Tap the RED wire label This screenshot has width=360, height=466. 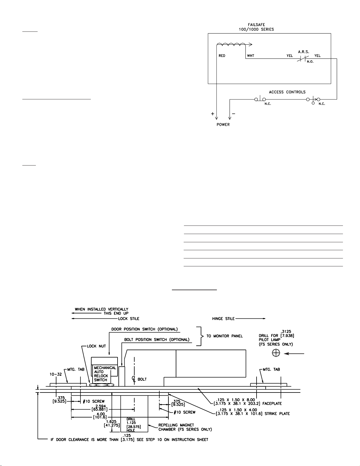point(222,56)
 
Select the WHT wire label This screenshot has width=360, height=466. point(251,56)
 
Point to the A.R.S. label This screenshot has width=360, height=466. point(304,52)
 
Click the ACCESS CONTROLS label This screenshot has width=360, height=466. point(287,92)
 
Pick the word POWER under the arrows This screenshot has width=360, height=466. point(223,124)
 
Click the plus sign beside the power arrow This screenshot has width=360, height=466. point(212,114)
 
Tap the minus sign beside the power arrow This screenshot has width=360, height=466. point(234,113)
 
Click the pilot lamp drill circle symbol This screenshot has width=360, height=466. point(276,353)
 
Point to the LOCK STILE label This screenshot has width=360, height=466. point(129,318)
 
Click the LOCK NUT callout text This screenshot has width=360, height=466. point(96,346)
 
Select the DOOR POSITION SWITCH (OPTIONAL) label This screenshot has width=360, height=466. point(145,329)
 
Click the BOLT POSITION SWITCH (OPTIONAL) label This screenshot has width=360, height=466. point(157,340)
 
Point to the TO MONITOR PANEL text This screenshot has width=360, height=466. point(225,336)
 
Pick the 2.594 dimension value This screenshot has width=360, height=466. point(101,406)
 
